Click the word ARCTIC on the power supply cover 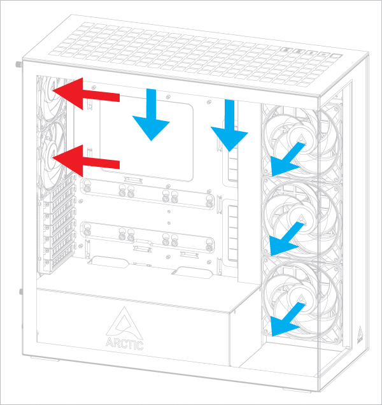125,345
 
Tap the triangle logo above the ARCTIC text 124,322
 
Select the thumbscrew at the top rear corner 17,65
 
